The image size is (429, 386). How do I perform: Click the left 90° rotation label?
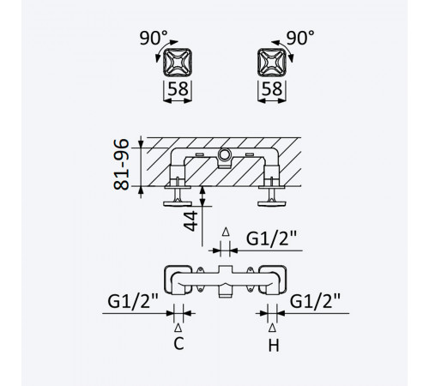point(154,39)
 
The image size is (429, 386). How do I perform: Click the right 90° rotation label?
point(300,38)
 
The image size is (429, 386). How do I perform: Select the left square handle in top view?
point(178,63)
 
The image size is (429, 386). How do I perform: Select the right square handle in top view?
point(272,63)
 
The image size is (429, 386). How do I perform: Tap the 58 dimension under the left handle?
point(178,88)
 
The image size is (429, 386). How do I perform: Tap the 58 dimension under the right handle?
point(272,88)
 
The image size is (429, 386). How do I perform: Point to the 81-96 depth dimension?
point(121,164)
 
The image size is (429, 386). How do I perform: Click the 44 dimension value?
point(190,221)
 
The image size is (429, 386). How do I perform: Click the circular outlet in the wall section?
point(224,155)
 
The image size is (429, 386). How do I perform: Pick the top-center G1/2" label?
point(271,238)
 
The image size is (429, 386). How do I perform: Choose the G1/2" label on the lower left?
point(133,301)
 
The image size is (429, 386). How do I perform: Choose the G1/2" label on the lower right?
point(315,301)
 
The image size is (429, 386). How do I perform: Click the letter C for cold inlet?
point(178,344)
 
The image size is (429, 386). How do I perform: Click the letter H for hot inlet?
point(274,346)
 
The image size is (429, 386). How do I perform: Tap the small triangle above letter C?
point(178,328)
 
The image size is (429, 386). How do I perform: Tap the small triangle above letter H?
point(272,328)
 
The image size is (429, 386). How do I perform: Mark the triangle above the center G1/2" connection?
point(226,232)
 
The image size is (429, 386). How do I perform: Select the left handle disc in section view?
point(178,203)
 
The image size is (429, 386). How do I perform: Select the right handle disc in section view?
point(272,203)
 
